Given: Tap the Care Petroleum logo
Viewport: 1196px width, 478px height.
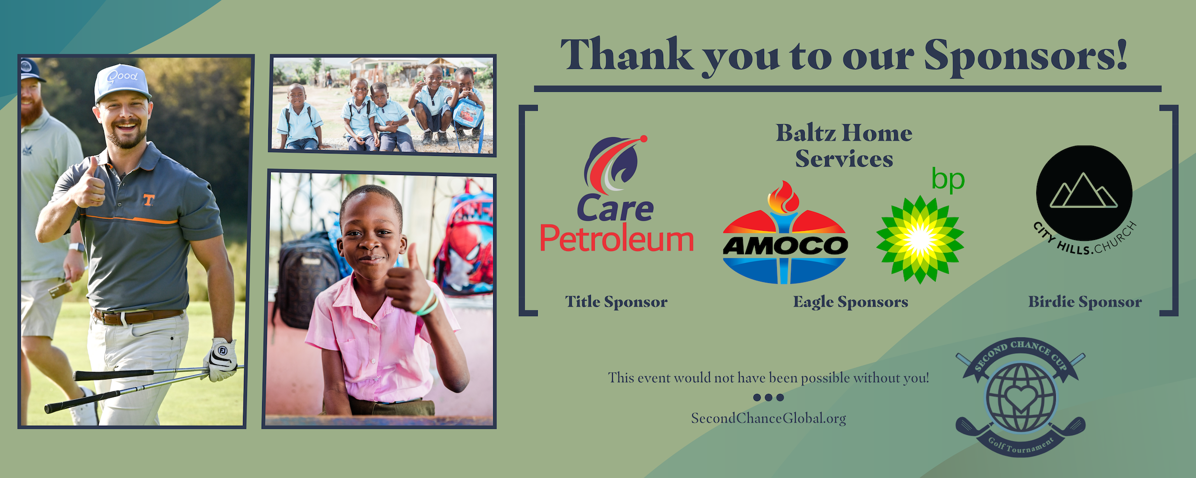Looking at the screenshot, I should click(616, 196).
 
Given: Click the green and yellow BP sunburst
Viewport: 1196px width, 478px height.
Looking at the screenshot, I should click(919, 239).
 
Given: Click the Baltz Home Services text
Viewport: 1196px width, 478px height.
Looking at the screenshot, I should click(844, 146).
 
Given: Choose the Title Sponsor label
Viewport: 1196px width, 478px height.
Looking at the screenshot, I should click(616, 302).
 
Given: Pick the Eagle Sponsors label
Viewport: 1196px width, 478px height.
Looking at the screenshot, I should click(851, 302).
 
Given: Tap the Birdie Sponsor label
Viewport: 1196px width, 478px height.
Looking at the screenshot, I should click(1085, 302).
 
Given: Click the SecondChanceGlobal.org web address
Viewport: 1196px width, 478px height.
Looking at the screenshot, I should click(768, 419).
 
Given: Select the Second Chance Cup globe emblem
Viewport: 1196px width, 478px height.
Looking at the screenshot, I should click(1020, 397).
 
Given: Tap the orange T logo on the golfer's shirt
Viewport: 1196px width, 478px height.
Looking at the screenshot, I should click(149, 200).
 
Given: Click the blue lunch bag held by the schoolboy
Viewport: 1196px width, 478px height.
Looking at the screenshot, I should click(465, 113).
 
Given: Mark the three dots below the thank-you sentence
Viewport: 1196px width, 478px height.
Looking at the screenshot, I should click(768, 398).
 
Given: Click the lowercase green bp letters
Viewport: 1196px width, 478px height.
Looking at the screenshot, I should click(948, 180).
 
